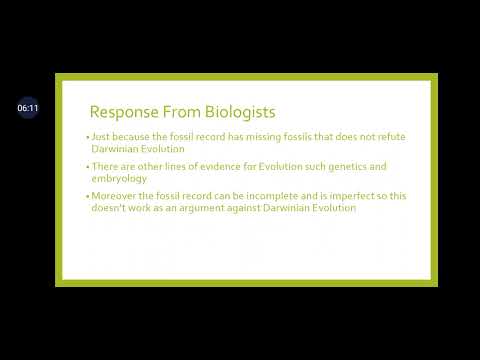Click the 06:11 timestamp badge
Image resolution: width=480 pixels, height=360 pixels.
[x=27, y=108]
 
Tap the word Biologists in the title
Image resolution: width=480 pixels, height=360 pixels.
[x=240, y=112]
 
